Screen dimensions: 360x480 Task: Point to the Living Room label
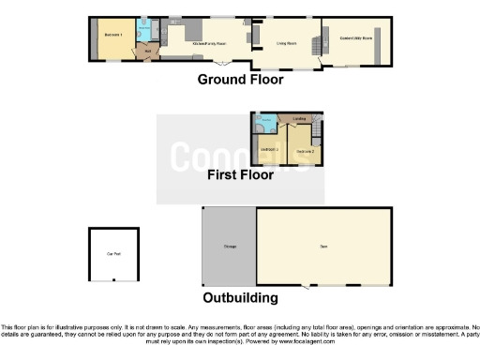[286, 43]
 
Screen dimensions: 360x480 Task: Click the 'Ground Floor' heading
[240, 79]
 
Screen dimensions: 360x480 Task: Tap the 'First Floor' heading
[241, 174]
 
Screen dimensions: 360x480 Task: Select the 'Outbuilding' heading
[240, 298]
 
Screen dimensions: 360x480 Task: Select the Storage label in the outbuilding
[229, 247]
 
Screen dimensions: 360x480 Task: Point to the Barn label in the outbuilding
[322, 247]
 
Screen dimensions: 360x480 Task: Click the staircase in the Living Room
[315, 41]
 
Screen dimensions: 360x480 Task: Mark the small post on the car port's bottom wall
[113, 278]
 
